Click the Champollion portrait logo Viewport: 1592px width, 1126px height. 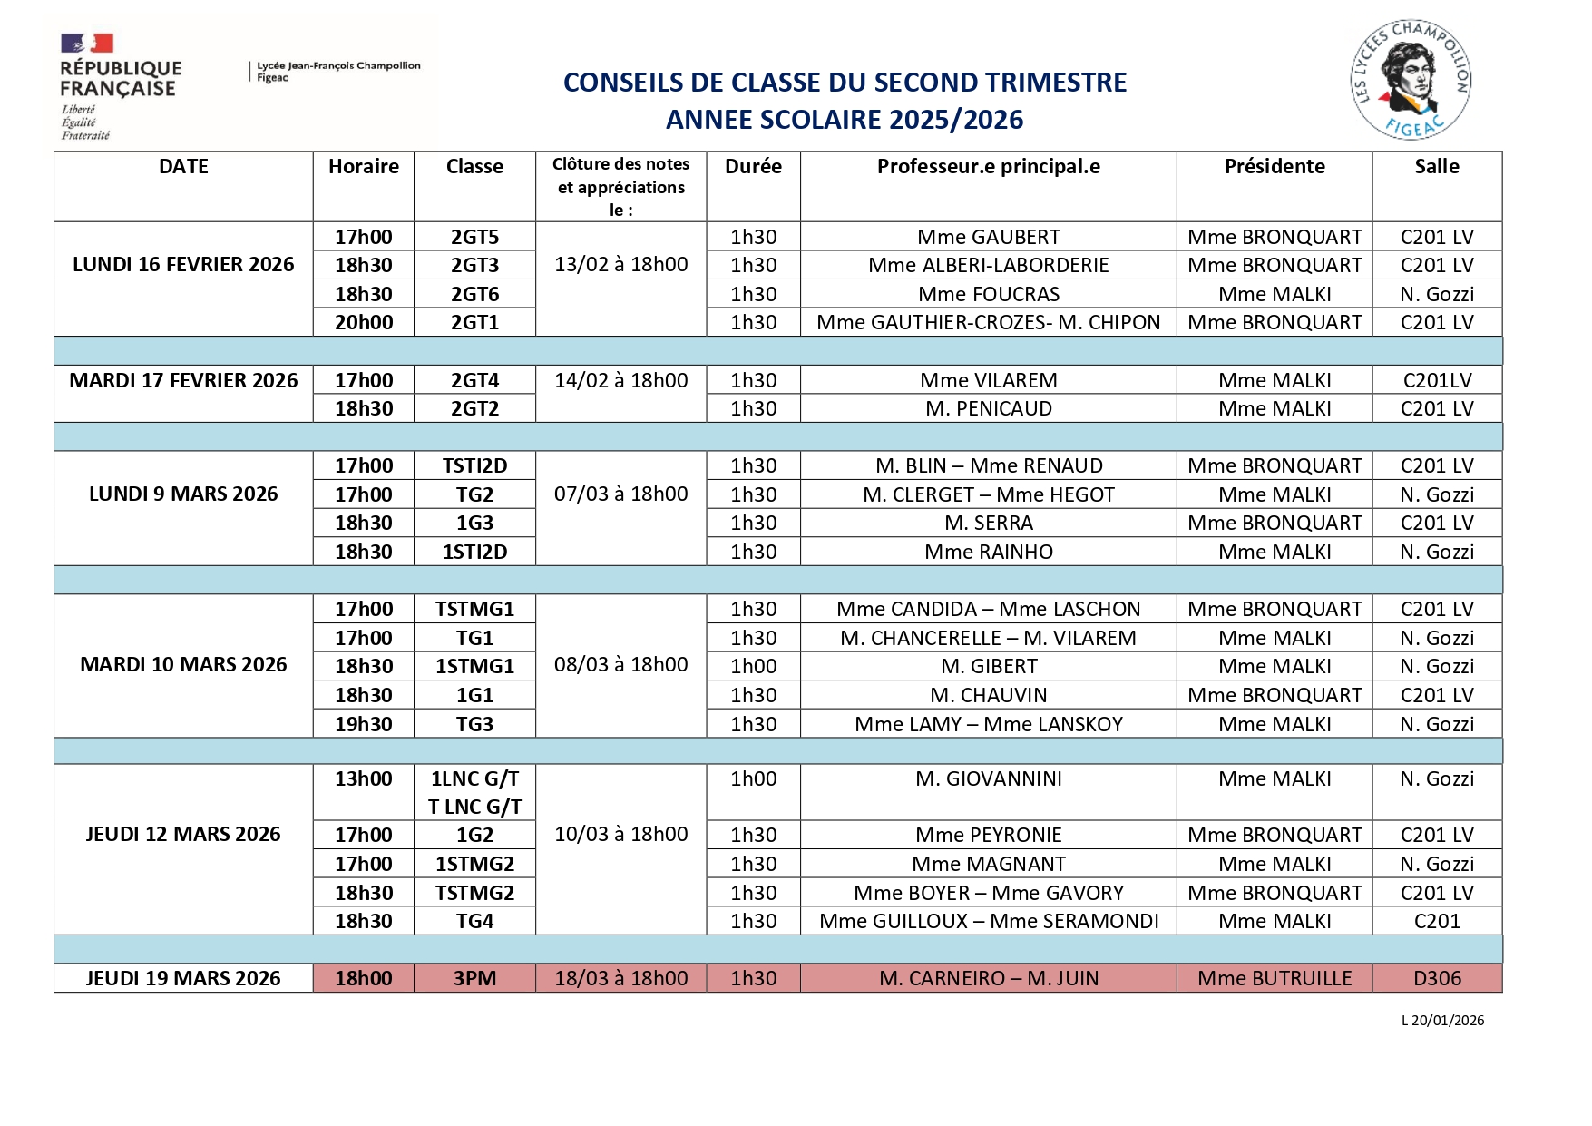coord(1410,80)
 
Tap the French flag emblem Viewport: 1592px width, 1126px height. coord(87,43)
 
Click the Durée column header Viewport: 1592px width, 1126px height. coord(753,167)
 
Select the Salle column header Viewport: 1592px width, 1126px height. coord(1437,167)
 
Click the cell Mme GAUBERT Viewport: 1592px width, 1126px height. coord(988,237)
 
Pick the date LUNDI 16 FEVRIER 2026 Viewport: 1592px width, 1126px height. coord(183,265)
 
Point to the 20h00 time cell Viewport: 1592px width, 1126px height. coord(364,322)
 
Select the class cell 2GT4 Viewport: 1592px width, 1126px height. coord(474,380)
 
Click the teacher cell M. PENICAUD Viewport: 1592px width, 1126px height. coord(988,408)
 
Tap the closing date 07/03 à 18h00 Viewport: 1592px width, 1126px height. coord(620,494)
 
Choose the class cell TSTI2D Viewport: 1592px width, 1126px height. coord(474,465)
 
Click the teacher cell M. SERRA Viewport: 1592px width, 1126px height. coord(988,523)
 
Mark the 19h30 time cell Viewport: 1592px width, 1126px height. coord(364,724)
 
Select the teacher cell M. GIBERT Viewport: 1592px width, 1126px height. coord(988,666)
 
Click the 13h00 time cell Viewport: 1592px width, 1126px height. coord(364,778)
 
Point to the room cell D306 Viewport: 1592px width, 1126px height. coord(1437,978)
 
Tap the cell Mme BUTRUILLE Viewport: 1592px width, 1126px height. coord(1274,978)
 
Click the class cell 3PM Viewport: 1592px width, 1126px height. coord(474,978)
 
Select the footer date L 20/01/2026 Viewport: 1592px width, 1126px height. coord(1442,1021)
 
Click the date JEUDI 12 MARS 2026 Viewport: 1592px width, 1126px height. coord(183,835)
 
